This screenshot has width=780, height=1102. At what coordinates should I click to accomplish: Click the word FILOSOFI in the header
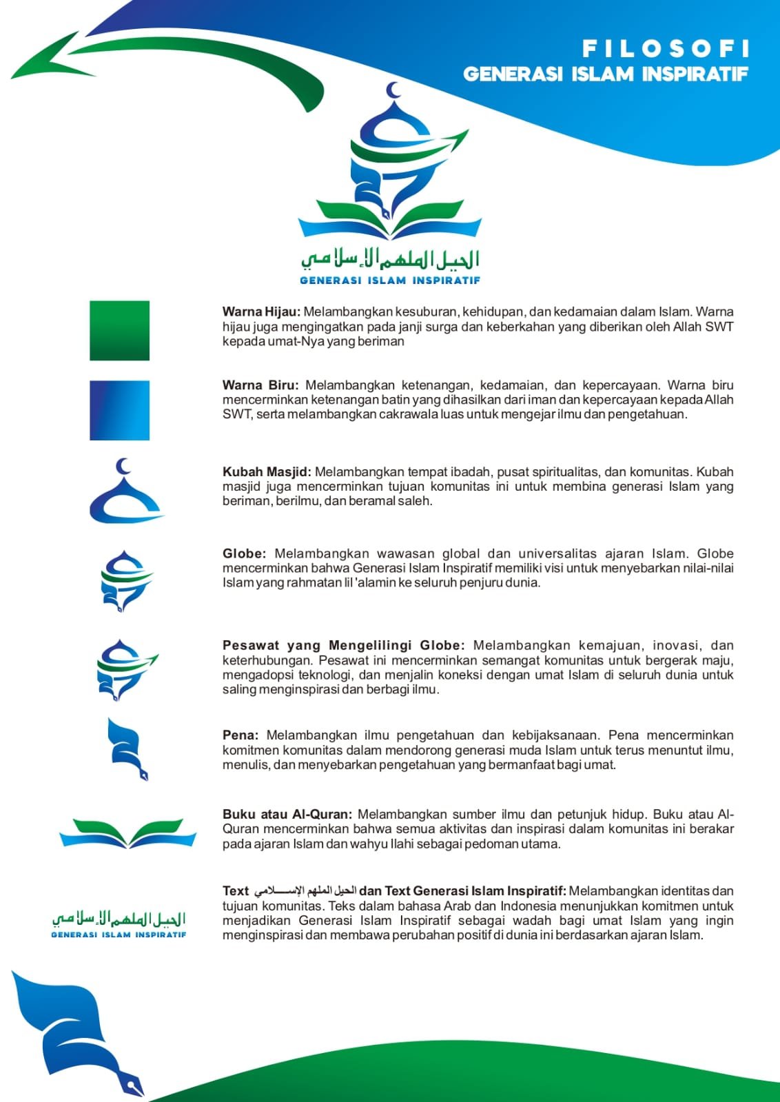(x=665, y=48)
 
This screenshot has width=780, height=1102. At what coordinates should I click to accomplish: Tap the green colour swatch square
(x=119, y=330)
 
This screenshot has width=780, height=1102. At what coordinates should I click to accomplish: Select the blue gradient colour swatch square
(x=119, y=410)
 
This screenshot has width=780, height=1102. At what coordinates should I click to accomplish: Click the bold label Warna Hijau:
(x=261, y=312)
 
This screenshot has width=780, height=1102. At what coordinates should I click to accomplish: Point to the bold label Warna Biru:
(x=260, y=385)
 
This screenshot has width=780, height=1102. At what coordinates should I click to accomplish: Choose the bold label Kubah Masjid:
(x=267, y=472)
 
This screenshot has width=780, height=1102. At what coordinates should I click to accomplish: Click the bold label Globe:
(x=244, y=553)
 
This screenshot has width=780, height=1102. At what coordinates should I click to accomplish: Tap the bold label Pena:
(x=240, y=735)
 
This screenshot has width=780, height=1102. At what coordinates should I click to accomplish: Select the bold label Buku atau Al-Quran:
(x=287, y=815)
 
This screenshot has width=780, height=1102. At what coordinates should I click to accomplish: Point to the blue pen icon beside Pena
(x=127, y=749)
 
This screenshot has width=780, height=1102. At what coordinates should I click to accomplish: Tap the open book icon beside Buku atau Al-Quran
(x=128, y=833)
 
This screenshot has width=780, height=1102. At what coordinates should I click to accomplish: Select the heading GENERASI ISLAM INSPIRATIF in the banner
(x=605, y=74)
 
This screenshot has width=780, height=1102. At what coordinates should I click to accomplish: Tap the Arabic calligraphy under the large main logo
(x=390, y=259)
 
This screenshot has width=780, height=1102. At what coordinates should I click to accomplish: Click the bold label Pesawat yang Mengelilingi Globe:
(x=343, y=646)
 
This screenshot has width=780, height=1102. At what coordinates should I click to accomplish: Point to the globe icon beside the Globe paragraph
(x=126, y=581)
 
